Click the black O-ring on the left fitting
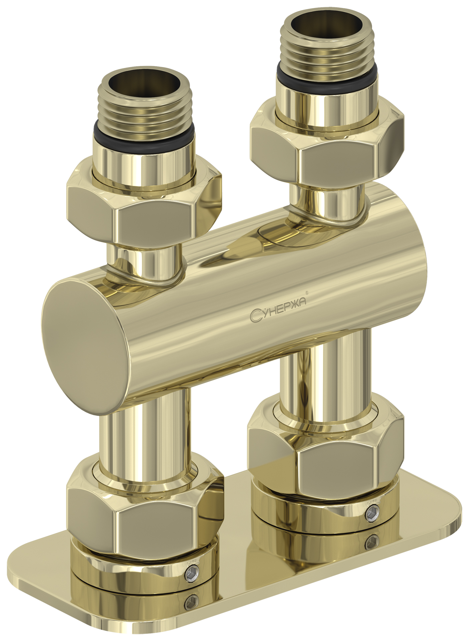pyautogui.click(x=144, y=136)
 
